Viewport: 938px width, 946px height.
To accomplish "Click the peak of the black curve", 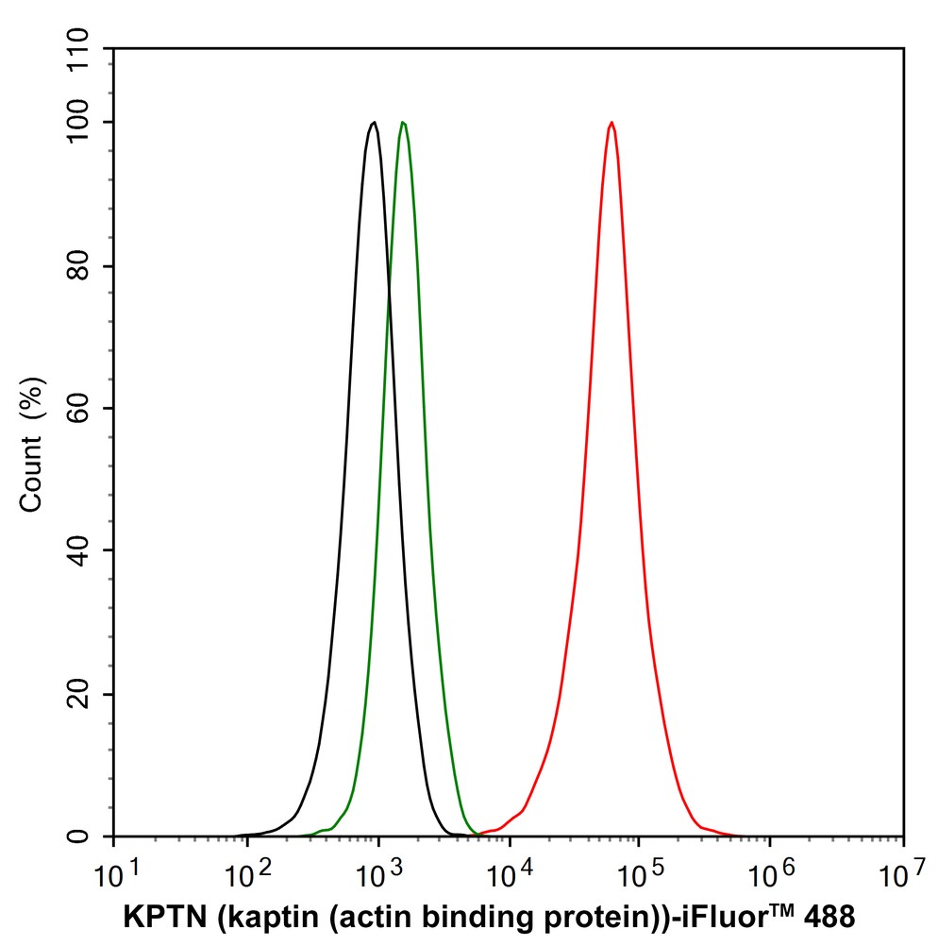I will point(375,122).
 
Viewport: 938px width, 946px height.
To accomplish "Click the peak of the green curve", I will point(403,122).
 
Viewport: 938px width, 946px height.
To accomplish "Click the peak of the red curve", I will point(611,122).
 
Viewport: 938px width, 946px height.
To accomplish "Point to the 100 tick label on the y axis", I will point(82,123).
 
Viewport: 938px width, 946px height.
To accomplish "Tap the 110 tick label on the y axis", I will point(82,49).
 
